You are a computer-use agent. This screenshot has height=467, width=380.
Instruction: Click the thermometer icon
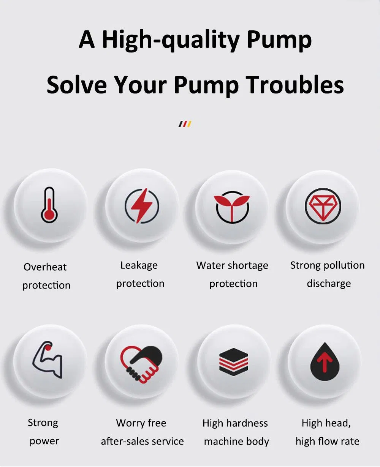[x=49, y=205]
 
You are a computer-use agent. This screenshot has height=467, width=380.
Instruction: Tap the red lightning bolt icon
[x=142, y=206]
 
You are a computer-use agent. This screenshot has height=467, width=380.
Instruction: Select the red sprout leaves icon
[x=232, y=204]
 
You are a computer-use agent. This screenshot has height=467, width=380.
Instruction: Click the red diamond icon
[x=323, y=206]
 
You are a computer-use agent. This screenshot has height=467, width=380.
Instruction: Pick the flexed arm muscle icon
[x=47, y=360]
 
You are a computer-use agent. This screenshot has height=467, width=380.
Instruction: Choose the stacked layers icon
[x=234, y=362]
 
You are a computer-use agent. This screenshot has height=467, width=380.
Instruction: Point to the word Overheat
[x=45, y=267]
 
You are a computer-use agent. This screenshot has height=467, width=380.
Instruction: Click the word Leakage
[x=139, y=266]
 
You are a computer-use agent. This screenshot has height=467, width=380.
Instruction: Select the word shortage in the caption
[x=248, y=266]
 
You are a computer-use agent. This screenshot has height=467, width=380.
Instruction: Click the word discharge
[x=329, y=284]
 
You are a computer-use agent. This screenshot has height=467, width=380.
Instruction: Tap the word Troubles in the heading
[x=294, y=85]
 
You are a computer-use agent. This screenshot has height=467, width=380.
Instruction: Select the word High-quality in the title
[x=171, y=40]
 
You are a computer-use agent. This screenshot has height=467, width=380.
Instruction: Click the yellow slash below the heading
[x=189, y=124]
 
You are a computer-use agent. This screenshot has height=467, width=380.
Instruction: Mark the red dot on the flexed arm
[x=48, y=348]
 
